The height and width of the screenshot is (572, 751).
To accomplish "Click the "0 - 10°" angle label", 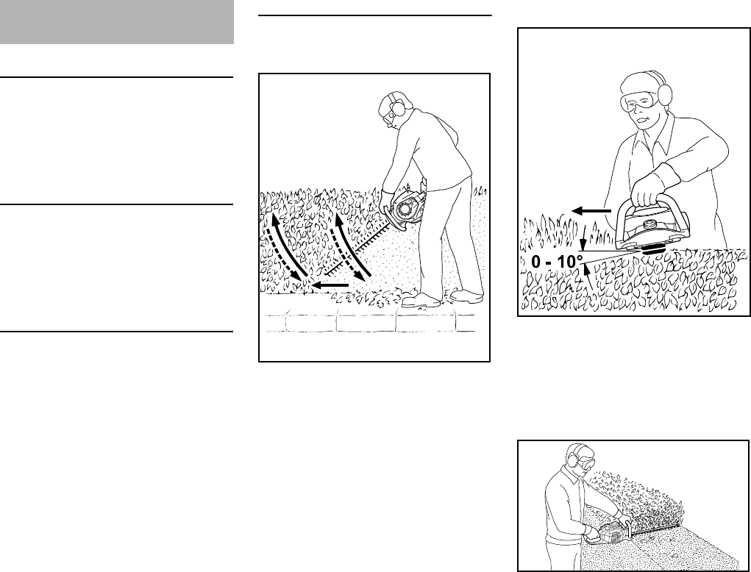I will pyautogui.click(x=557, y=262).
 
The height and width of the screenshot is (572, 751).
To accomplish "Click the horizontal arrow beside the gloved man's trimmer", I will pyautogui.click(x=592, y=211).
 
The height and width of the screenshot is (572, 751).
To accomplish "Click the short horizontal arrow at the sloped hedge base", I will pyautogui.click(x=330, y=284).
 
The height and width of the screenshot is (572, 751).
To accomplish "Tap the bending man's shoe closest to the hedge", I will pyautogui.click(x=422, y=299).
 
